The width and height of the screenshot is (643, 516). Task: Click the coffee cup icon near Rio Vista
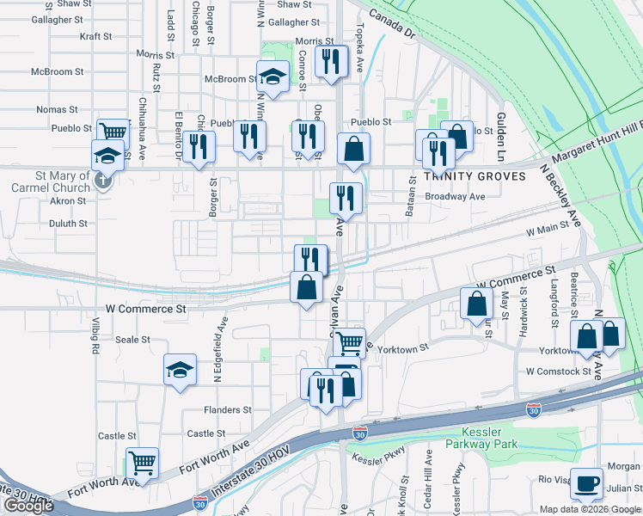point(587,483)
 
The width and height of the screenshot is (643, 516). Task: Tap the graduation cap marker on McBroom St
point(273,77)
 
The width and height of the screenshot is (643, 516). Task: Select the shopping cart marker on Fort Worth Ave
point(142,463)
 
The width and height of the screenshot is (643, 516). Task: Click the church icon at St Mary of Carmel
point(102,181)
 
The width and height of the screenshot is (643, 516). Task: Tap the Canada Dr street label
point(397,23)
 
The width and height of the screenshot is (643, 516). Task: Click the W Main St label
point(548,228)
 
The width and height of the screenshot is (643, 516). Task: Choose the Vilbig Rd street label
point(95,341)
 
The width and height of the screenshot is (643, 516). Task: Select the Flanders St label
point(228,410)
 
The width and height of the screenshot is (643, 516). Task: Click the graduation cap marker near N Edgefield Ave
point(179,370)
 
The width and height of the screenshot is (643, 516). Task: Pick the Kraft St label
point(95,37)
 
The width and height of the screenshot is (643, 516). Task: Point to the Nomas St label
point(52,109)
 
